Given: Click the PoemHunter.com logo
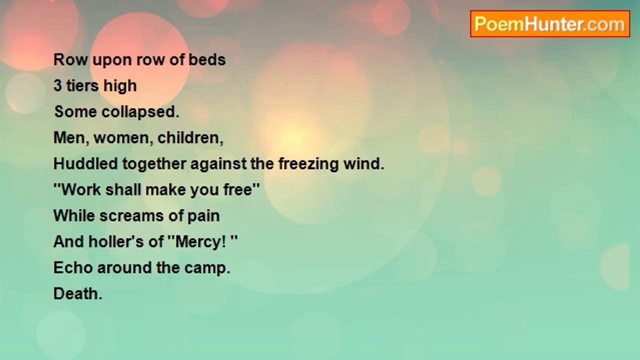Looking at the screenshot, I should [x=549, y=24].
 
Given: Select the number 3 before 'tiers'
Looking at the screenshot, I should [x=58, y=86].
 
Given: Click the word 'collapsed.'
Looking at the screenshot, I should [x=140, y=112].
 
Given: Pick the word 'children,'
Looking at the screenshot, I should [x=190, y=138].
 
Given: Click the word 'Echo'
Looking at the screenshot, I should [x=73, y=268].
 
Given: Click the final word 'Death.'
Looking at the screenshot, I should [x=78, y=294].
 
